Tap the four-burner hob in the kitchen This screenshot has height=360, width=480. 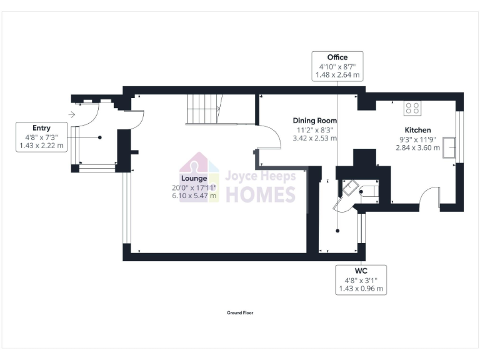click(x=412, y=108)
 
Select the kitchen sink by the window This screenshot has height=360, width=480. click(x=449, y=149)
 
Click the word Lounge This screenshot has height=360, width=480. click(x=194, y=178)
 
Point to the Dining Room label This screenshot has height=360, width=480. click(x=315, y=121)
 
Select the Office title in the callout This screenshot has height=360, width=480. click(x=337, y=57)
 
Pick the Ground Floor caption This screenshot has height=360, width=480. click(x=240, y=312)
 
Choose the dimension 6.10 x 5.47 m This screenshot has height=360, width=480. click(x=194, y=196)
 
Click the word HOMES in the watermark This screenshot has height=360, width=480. click(x=260, y=194)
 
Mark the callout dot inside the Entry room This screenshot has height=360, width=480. click(x=99, y=137)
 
